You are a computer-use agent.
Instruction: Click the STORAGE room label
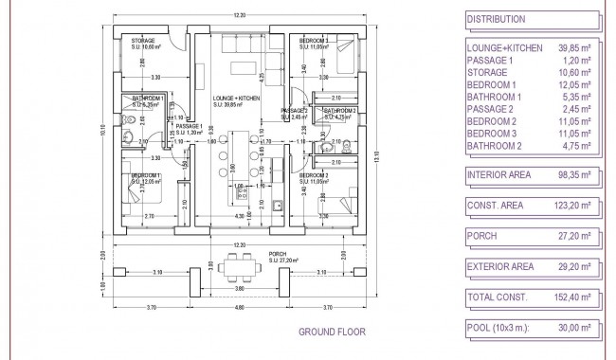144,41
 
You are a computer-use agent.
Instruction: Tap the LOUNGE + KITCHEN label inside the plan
236,98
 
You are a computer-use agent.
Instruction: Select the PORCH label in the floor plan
277,253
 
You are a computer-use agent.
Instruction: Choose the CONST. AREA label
497,206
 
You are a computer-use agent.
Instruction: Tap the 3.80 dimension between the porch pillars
239,288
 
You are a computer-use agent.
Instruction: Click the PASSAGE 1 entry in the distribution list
490,60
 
